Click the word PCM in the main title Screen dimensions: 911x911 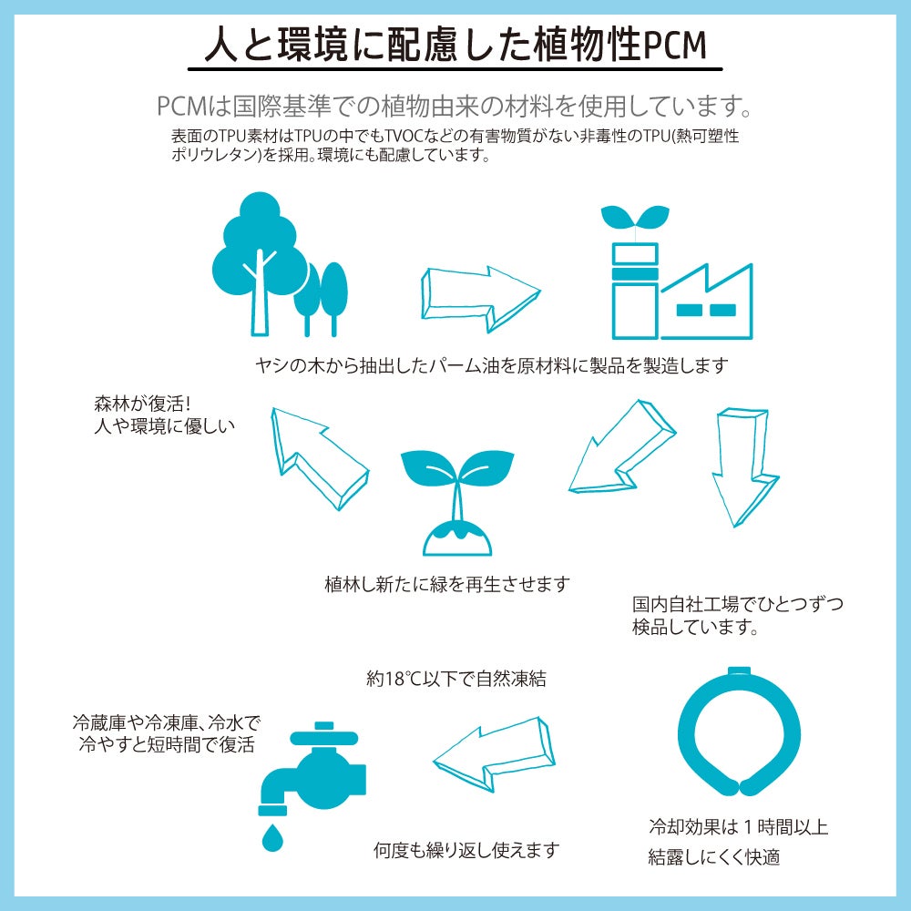point(675,46)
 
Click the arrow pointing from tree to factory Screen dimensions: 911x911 point(480,299)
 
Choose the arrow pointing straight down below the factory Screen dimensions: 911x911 point(744,466)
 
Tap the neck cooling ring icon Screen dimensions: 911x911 point(739,732)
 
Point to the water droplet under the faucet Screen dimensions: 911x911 point(271,836)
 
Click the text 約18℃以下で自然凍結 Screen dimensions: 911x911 point(456,678)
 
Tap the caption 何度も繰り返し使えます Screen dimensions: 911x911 point(466,850)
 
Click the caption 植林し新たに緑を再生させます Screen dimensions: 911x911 point(447,583)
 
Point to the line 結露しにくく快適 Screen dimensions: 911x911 point(714,856)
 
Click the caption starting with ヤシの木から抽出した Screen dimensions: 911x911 point(492,365)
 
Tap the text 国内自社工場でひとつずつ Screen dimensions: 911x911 point(737,604)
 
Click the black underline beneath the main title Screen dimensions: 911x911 point(455,69)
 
